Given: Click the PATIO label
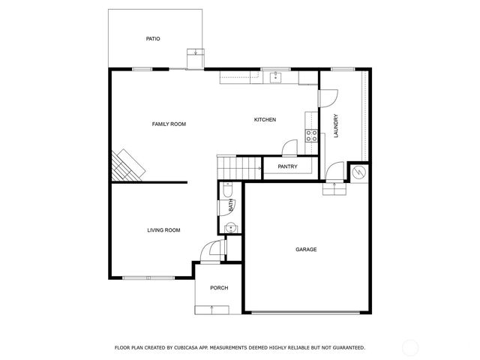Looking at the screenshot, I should (153, 39).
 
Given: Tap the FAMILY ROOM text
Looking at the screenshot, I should (169, 124).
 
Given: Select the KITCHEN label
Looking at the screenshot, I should (265, 120).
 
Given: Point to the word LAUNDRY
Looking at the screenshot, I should (337, 126).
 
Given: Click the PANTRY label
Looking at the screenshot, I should (287, 166).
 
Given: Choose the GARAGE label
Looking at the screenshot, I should (306, 249).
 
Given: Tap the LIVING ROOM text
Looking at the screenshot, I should (163, 230).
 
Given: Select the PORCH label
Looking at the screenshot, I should (219, 288).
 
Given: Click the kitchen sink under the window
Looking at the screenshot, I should (275, 76).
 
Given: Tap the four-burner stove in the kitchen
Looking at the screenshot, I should (311, 136).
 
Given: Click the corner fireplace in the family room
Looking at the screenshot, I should (126, 166).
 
